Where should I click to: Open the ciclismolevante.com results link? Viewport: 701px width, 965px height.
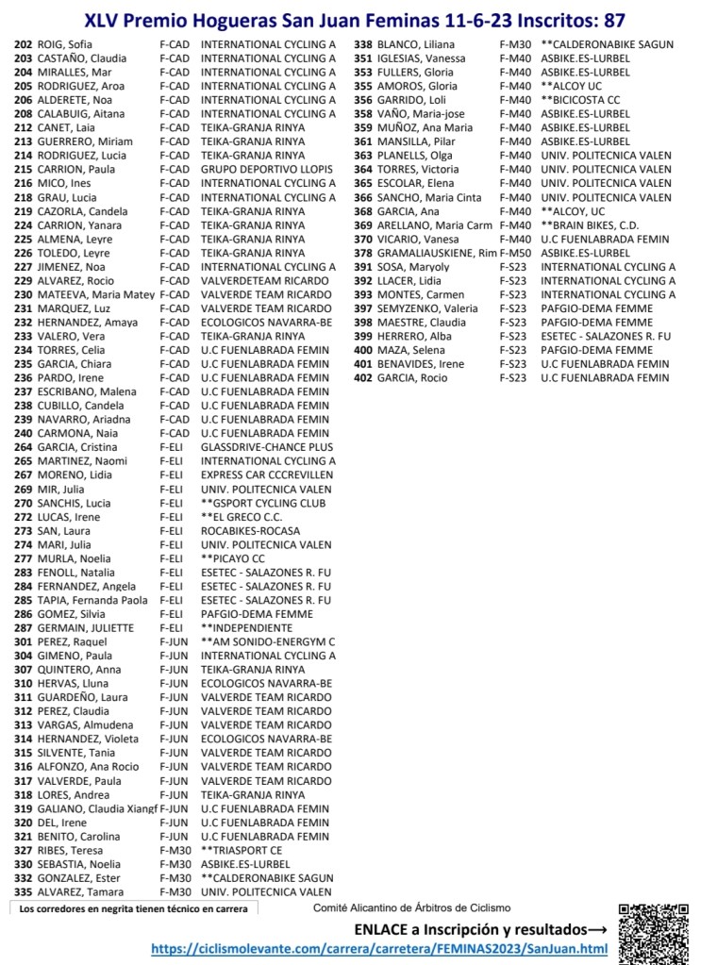coord(378,949)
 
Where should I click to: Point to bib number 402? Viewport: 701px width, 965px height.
coord(363,378)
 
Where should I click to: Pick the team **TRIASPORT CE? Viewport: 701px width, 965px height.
coord(242,850)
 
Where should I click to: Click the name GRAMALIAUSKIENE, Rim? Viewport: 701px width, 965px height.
coord(437,253)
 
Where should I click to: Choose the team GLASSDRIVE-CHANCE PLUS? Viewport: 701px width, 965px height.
coord(267,447)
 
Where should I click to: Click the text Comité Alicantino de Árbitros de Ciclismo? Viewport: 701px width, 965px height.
coord(411,908)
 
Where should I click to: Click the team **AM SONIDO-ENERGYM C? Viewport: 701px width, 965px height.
coord(268,641)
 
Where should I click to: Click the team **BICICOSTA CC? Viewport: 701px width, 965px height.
coord(580,100)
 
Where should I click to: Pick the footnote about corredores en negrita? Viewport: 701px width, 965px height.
coord(134,909)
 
